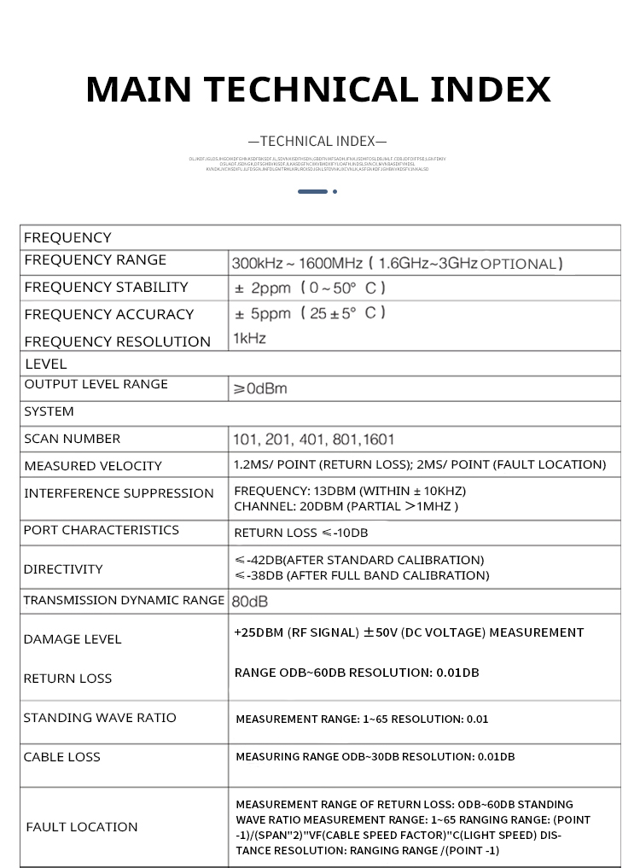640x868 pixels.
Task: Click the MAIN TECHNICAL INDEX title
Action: (x=318, y=90)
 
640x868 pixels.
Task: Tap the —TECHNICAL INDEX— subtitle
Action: (x=317, y=141)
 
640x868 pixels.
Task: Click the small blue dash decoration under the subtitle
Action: (x=313, y=191)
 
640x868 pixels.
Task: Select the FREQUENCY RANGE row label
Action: (x=95, y=259)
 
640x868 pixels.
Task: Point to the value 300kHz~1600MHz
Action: (x=298, y=263)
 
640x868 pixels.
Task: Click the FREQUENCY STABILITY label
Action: (x=106, y=287)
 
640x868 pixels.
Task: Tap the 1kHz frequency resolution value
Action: (x=249, y=339)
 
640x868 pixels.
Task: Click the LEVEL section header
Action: (x=45, y=364)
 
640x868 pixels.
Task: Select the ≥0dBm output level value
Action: (x=260, y=389)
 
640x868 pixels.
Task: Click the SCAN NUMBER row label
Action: (x=73, y=439)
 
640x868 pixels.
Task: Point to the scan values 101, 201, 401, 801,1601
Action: (x=313, y=440)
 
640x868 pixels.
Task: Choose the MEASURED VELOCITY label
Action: (x=93, y=466)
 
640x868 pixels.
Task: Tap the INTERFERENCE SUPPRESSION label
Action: (x=119, y=493)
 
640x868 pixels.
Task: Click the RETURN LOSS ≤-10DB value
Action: (x=301, y=533)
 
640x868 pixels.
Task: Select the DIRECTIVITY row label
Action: (x=63, y=569)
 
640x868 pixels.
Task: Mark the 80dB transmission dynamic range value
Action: (x=250, y=601)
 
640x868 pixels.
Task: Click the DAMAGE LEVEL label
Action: (x=73, y=639)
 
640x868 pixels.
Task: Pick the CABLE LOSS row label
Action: (x=61, y=757)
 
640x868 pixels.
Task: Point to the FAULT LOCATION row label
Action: (x=82, y=827)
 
